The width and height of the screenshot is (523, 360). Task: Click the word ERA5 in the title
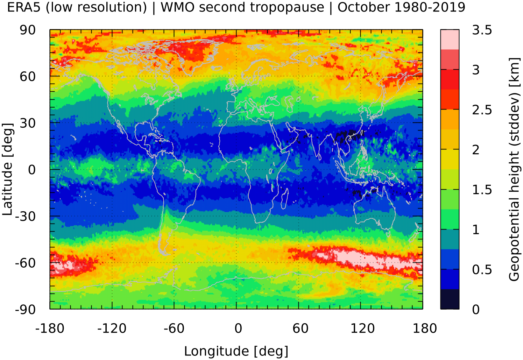pyautogui.click(x=24, y=7)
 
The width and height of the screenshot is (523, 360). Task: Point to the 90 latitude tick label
pyautogui.click(x=28, y=30)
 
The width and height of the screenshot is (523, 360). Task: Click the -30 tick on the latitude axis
pyautogui.click(x=26, y=217)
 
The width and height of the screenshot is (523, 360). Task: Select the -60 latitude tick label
pyautogui.click(x=26, y=263)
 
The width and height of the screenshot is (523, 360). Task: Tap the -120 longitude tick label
pyautogui.click(x=112, y=329)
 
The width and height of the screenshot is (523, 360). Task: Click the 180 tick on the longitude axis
pyautogui.click(x=425, y=329)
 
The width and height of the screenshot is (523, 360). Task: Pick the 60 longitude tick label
pyautogui.click(x=300, y=329)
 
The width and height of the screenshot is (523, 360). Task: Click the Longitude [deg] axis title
pyautogui.click(x=236, y=351)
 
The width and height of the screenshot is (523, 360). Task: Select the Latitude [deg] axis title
pyautogui.click(x=8, y=169)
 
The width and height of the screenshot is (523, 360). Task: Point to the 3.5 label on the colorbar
pyautogui.click(x=482, y=30)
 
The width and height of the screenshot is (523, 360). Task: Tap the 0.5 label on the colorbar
pyautogui.click(x=482, y=270)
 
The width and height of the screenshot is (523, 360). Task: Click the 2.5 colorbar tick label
pyautogui.click(x=482, y=110)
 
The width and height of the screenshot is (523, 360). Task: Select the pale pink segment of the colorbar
pyautogui.click(x=450, y=40)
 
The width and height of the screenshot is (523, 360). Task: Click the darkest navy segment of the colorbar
pyautogui.click(x=450, y=299)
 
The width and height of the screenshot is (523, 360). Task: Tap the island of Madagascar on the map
pyautogui.click(x=285, y=198)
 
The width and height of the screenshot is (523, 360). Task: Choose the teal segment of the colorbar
pyautogui.click(x=450, y=239)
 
